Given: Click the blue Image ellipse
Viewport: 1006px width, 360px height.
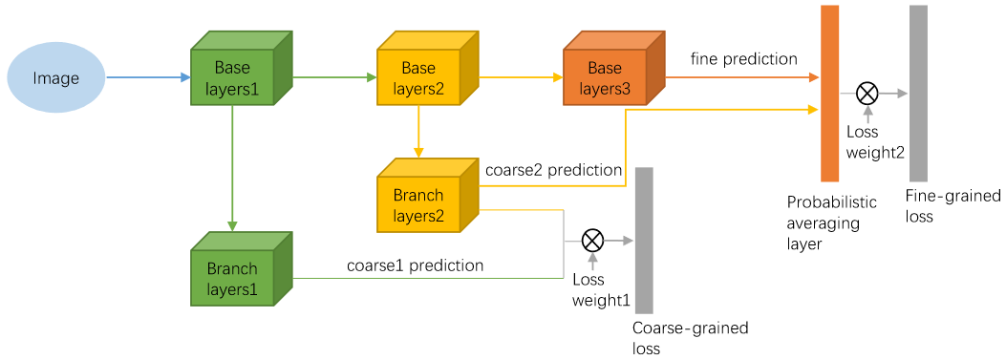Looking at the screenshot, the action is (55, 78).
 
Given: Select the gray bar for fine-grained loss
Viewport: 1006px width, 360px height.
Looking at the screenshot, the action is (918, 93).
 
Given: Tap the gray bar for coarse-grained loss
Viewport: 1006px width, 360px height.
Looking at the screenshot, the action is (644, 240).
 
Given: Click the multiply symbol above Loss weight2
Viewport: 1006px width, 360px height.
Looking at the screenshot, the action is (867, 94).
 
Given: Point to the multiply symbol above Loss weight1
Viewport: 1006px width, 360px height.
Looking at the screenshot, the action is (591, 241).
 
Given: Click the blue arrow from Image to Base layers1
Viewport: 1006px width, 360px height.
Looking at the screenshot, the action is (148, 77).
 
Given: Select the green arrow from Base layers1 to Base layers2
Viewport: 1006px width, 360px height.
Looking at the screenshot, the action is (334, 77).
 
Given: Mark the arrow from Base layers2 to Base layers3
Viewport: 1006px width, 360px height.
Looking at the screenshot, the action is (521, 77).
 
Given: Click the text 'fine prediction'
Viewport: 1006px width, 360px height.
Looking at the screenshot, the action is (743, 59).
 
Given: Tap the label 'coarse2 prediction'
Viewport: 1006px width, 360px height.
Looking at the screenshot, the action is (554, 171).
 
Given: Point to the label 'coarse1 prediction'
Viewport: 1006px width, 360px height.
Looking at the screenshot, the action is (415, 265).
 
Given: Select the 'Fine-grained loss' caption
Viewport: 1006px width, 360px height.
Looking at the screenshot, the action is (952, 205).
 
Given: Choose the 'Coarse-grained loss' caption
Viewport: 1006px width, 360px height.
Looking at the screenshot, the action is (691, 338).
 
